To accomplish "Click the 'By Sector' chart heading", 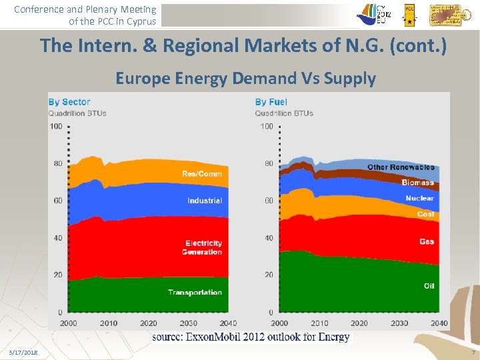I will pyautogui.click(x=69, y=102).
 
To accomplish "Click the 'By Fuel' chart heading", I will pyautogui.click(x=271, y=102).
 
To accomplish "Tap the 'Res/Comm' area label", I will pyautogui.click(x=202, y=174).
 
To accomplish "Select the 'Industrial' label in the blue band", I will pyautogui.click(x=205, y=201).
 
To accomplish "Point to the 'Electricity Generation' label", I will pyautogui.click(x=203, y=247).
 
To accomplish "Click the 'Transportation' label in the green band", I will pyautogui.click(x=195, y=293).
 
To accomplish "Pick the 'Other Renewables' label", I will pyautogui.click(x=401, y=167).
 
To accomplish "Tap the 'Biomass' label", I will pyautogui.click(x=417, y=183).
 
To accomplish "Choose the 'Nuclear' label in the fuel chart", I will pyautogui.click(x=419, y=198).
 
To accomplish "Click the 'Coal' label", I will pyautogui.click(x=425, y=214).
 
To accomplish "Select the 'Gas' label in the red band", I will pyautogui.click(x=427, y=241).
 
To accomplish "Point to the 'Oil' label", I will pyautogui.click(x=429, y=286).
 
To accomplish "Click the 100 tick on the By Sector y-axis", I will pyautogui.click(x=56, y=127).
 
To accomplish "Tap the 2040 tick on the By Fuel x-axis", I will pyautogui.click(x=438, y=323).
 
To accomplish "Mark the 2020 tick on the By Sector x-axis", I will pyautogui.click(x=148, y=323).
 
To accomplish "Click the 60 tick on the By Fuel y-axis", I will pyautogui.click(x=268, y=201).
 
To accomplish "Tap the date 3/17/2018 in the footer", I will pyautogui.click(x=23, y=352).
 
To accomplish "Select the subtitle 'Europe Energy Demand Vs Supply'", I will pyautogui.click(x=245, y=79).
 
